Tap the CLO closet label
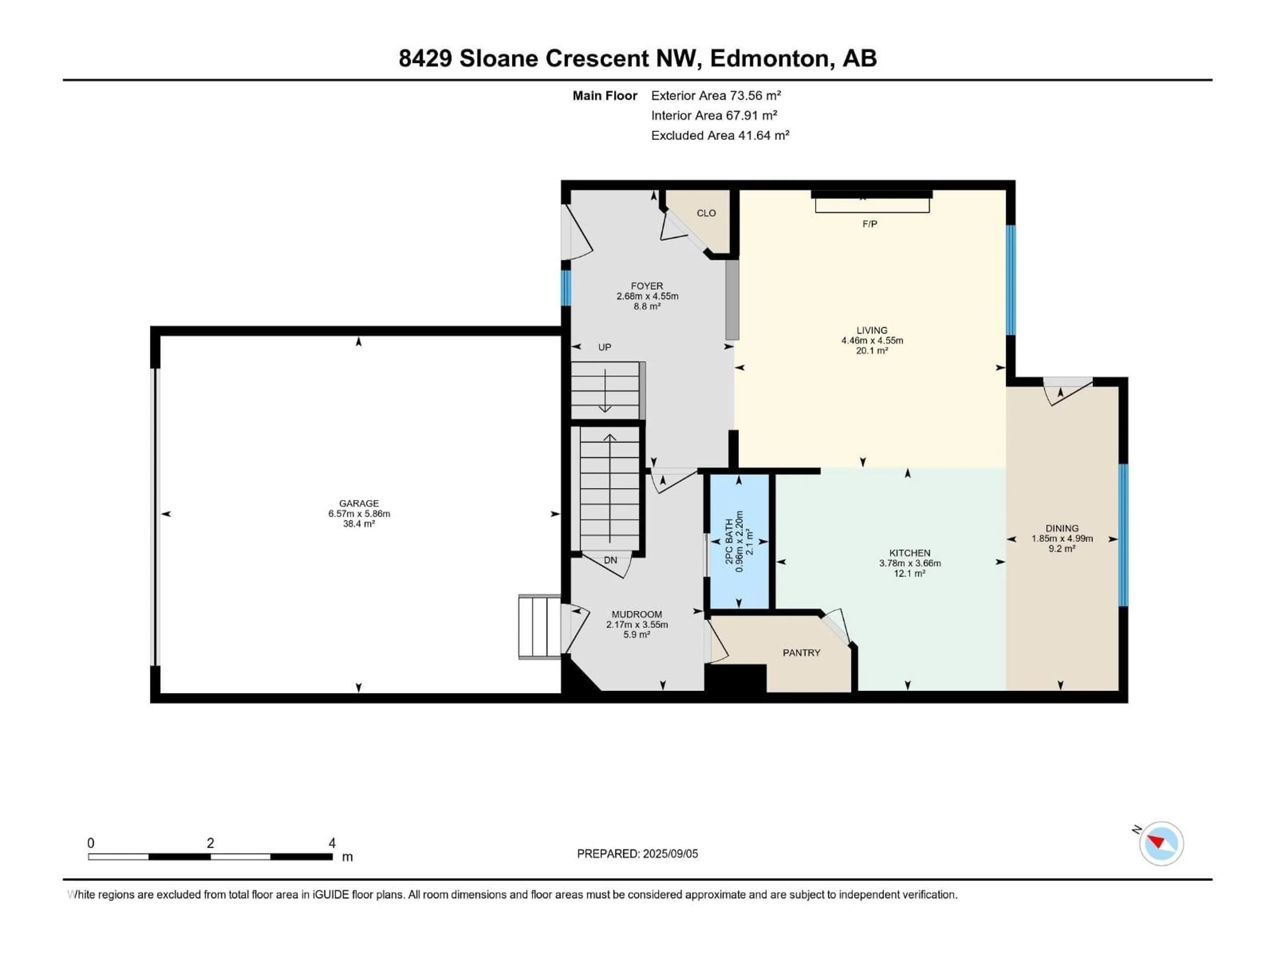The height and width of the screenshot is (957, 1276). tap(706, 213)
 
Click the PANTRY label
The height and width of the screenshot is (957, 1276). tap(801, 652)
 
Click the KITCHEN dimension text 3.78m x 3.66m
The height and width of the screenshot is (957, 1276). tap(910, 563)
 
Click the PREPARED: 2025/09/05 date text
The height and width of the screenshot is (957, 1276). tap(637, 854)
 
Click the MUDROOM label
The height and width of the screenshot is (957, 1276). tap(637, 614)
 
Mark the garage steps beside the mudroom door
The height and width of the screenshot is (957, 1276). tap(539, 626)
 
